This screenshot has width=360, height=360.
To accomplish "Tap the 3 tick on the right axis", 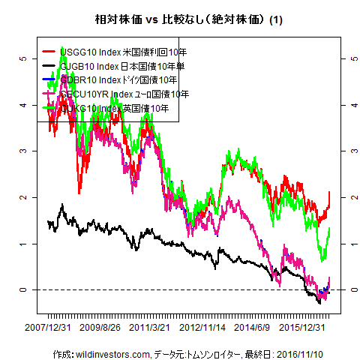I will (x=349, y=151).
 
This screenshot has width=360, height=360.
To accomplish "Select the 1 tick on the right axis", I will (x=349, y=244).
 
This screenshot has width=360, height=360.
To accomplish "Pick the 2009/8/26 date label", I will (x=100, y=328).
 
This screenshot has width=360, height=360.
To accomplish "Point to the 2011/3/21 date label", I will (x=150, y=328).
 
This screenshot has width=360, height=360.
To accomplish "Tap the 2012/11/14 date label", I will (x=203, y=328).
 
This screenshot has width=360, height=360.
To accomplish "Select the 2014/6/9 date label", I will (x=252, y=328).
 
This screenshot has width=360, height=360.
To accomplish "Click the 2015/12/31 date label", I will (x=301, y=328).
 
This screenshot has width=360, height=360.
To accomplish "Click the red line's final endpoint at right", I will (x=329, y=193).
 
